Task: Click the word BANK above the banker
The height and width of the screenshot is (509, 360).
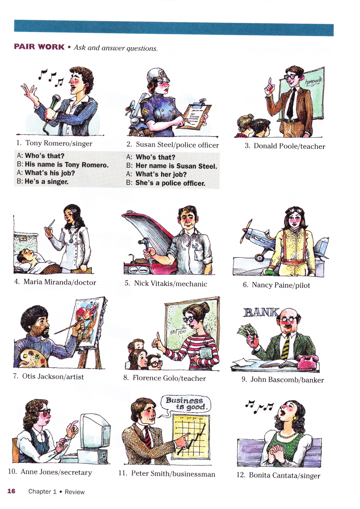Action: (x=261, y=312)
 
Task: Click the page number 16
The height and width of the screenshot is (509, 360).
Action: (x=11, y=491)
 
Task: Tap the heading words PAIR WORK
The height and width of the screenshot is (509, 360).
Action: (x=39, y=47)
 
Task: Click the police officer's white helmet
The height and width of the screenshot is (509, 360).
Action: (x=158, y=75)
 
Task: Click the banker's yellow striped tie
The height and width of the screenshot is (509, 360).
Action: (x=285, y=347)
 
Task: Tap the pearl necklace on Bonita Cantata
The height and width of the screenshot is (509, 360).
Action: (x=288, y=434)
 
